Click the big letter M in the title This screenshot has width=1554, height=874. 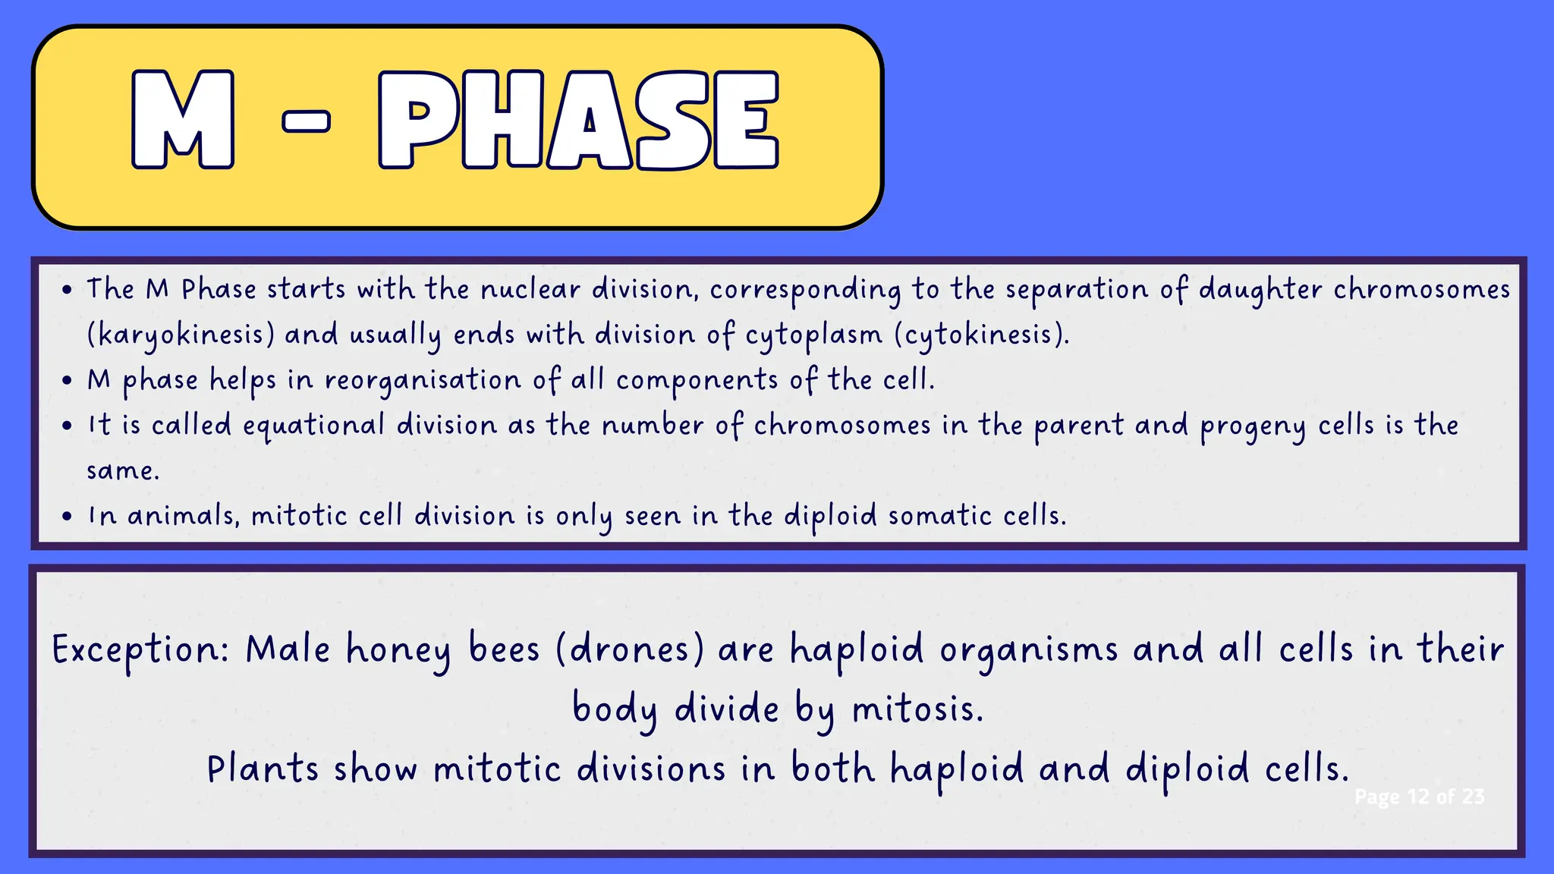tap(183, 119)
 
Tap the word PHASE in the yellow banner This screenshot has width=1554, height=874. tap(578, 119)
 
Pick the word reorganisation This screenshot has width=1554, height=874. tap(423, 380)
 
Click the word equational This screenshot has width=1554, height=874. tap(313, 426)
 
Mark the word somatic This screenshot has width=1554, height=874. tap(939, 517)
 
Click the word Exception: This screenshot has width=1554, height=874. tap(140, 650)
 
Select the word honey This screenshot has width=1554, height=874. tap(398, 651)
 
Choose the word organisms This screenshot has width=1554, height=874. tap(1029, 651)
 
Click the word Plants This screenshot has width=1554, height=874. tap(263, 769)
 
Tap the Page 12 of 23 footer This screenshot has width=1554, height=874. tap(1419, 797)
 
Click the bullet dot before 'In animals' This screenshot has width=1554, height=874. tap(68, 517)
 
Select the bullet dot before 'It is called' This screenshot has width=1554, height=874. tap(68, 426)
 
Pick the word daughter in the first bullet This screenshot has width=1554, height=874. tap(1260, 290)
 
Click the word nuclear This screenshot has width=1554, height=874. tap(530, 289)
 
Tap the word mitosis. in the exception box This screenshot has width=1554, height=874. tap(917, 710)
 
